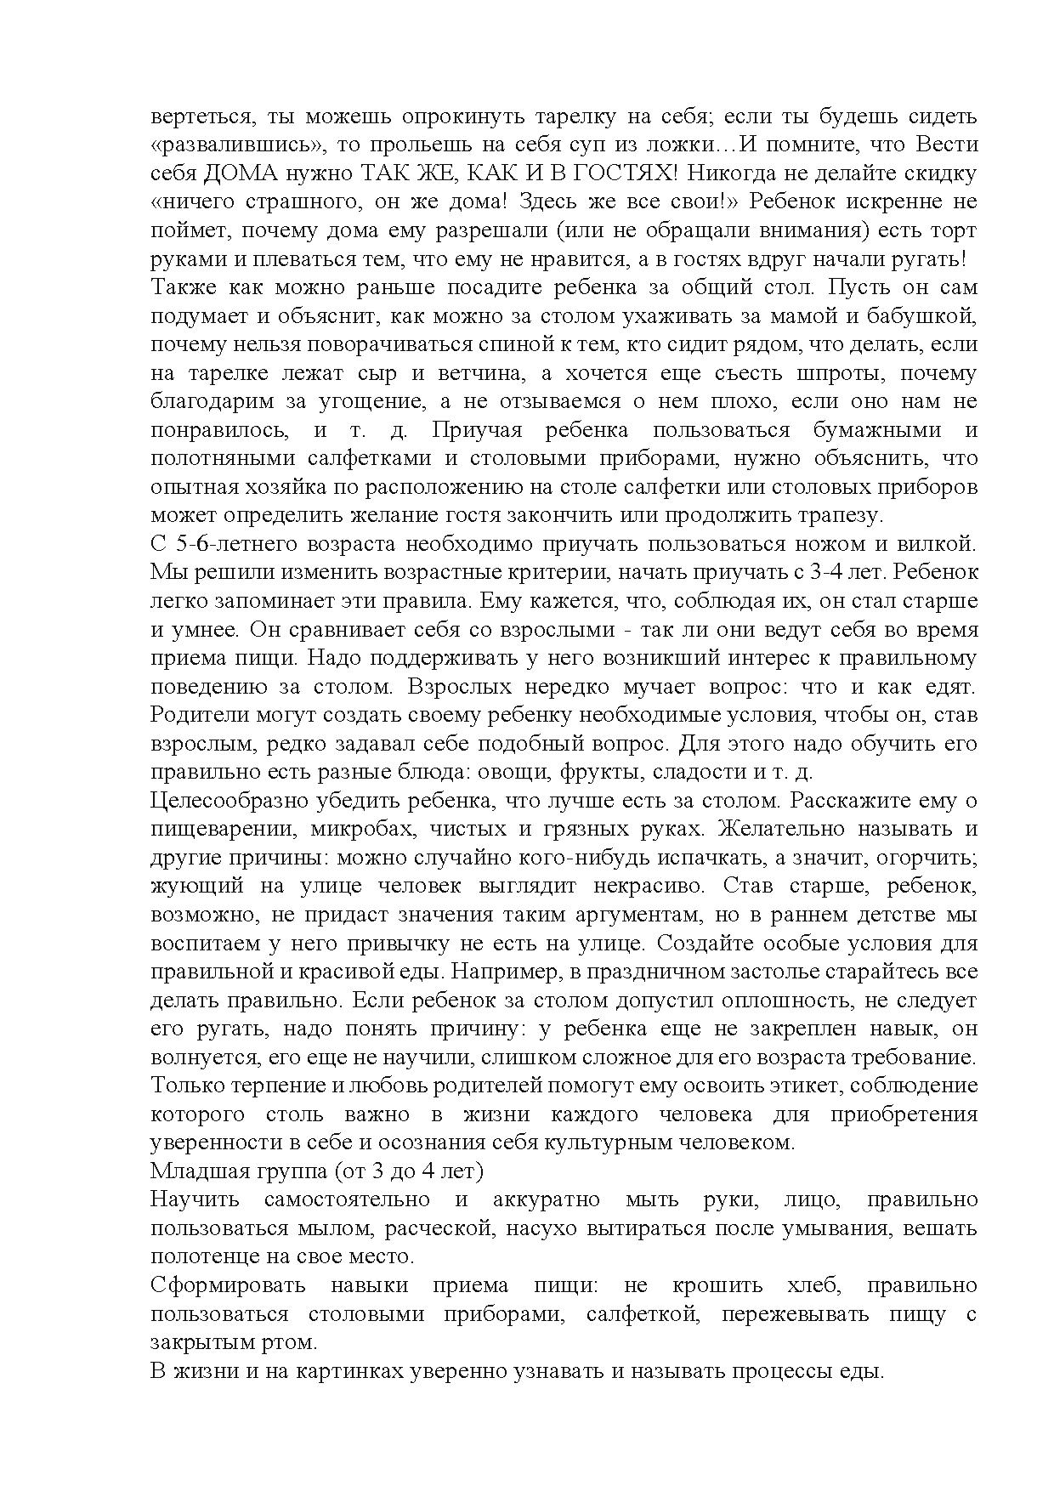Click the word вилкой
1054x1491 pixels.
[934, 544]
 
